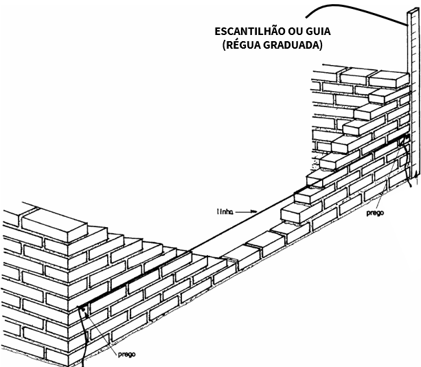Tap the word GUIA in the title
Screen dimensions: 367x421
coord(318,32)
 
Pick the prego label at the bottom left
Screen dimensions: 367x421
coord(128,355)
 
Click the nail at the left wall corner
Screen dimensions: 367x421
coord(82,309)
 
